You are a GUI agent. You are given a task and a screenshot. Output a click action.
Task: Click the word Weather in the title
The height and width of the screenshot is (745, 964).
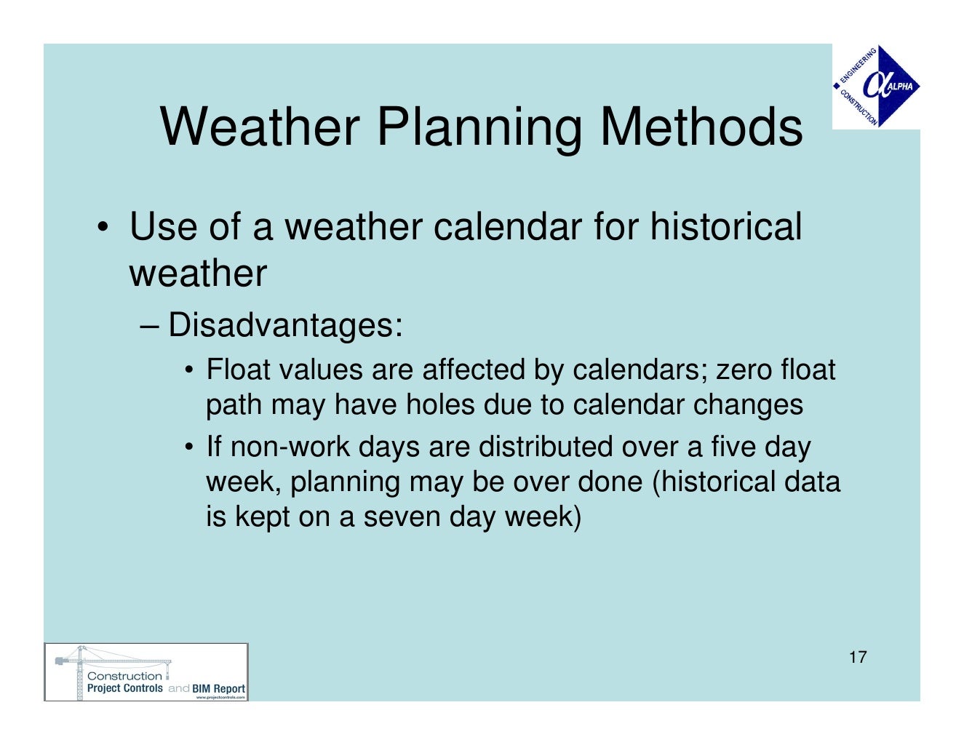259,127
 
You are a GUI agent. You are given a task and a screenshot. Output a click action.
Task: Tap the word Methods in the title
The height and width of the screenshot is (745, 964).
701,127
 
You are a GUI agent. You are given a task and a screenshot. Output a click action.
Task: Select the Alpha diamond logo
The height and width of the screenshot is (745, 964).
877,87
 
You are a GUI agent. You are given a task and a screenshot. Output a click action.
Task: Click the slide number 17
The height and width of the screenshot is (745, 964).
858,658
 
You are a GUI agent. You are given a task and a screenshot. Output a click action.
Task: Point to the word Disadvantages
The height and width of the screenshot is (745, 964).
285,324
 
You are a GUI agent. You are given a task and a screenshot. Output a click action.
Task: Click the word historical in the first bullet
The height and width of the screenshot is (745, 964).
725,226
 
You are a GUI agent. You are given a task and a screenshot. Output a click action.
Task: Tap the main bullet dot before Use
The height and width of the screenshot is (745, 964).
103,226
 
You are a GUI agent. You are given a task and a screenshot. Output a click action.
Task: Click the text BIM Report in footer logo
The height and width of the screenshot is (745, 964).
218,688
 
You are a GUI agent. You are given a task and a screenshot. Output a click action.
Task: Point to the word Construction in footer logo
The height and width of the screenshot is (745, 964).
124,676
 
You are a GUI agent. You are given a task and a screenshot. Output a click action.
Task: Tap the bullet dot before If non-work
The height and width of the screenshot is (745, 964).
189,447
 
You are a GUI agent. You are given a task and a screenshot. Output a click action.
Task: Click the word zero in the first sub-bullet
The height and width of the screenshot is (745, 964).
745,370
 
